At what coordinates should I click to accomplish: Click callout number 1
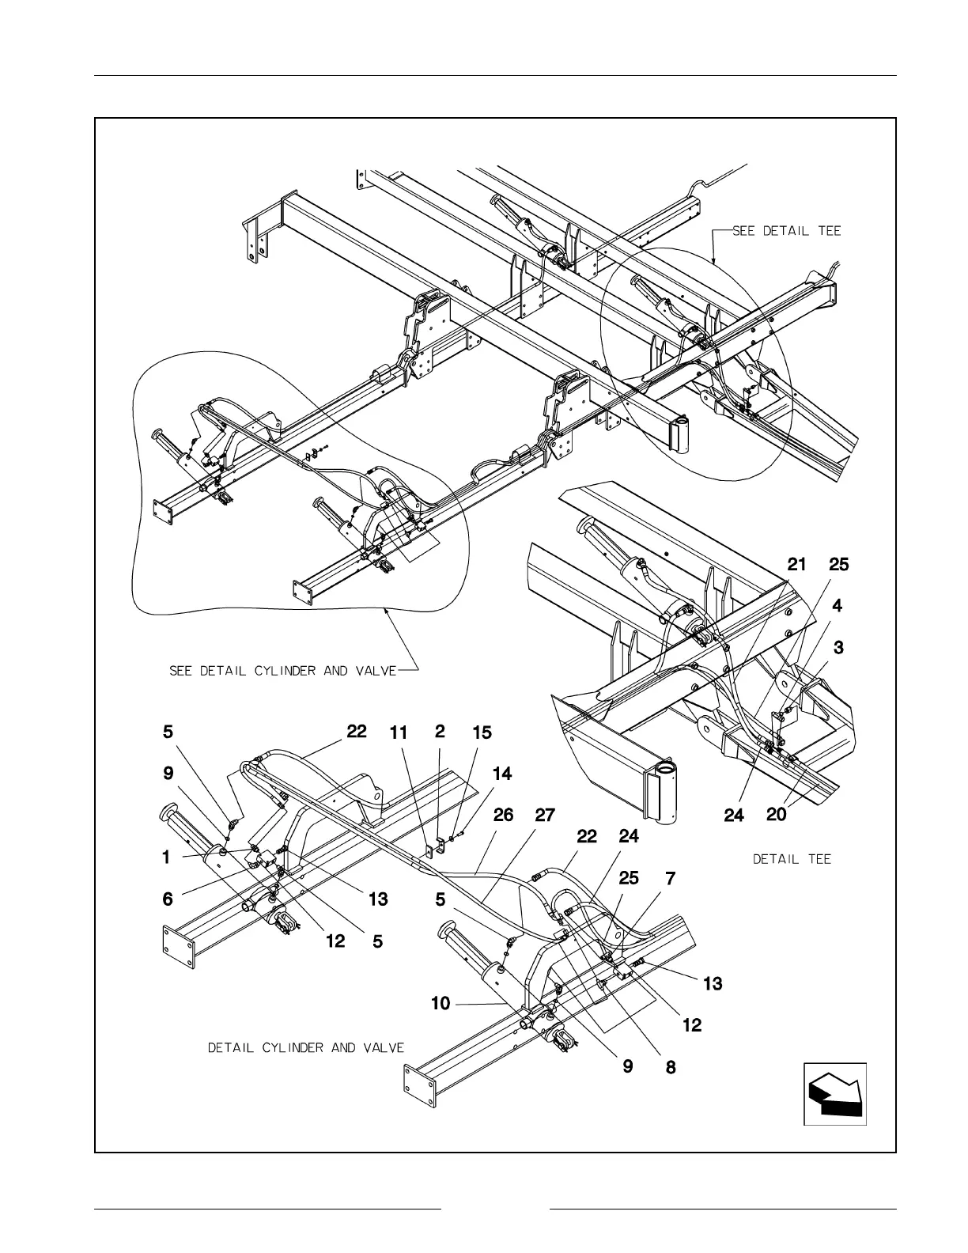(x=166, y=857)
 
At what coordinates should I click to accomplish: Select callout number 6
(x=167, y=899)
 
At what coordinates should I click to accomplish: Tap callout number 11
(x=399, y=733)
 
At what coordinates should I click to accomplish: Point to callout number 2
(x=440, y=732)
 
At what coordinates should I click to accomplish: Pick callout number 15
(x=482, y=733)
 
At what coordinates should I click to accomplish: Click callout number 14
(x=502, y=774)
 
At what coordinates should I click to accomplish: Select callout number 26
(x=504, y=815)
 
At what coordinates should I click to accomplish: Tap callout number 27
(x=545, y=815)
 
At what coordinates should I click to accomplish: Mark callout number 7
(x=670, y=877)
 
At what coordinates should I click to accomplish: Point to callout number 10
(x=441, y=1004)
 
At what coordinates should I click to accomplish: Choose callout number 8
(x=670, y=1067)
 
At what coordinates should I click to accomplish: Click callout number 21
(x=797, y=564)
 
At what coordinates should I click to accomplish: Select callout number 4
(x=838, y=606)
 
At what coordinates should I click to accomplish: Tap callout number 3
(x=838, y=647)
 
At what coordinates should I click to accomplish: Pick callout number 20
(x=777, y=814)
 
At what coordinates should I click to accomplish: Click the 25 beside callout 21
(x=838, y=564)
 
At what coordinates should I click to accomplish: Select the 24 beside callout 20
(x=734, y=815)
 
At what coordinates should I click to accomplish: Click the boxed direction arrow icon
(x=835, y=1093)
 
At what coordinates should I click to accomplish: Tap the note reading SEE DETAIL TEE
(x=786, y=231)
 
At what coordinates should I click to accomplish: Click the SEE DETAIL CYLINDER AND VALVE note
(x=282, y=671)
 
